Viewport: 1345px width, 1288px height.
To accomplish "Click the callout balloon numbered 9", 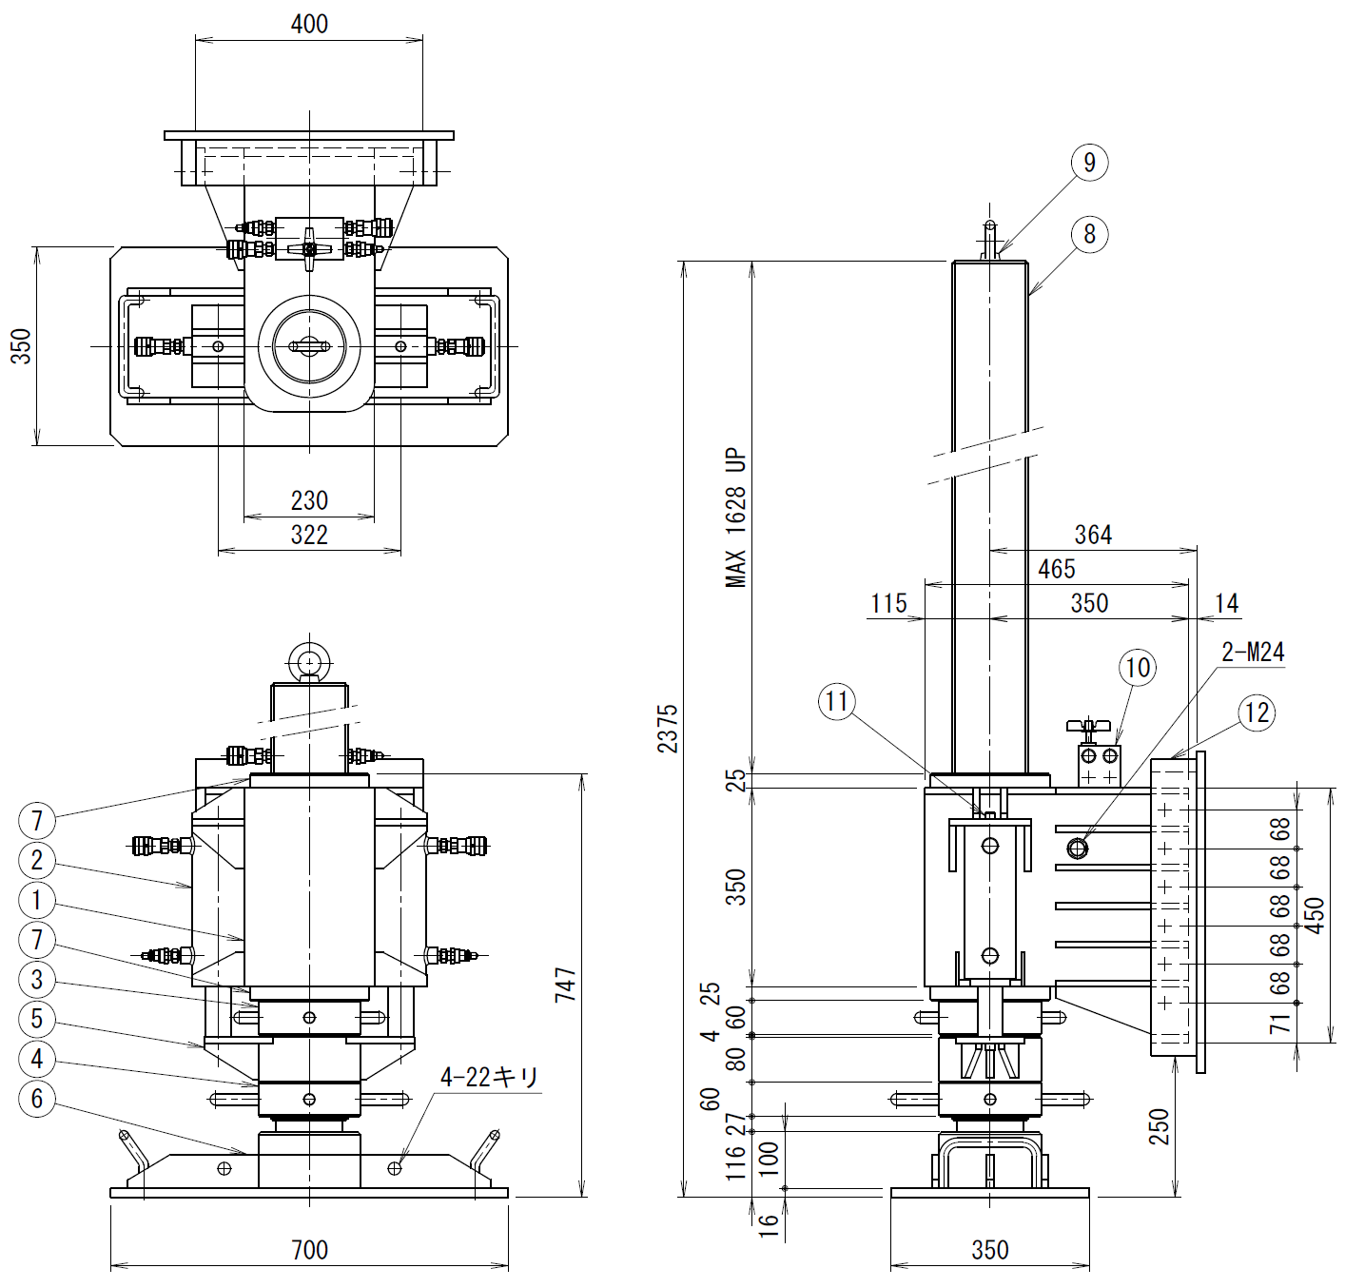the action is tap(1089, 163).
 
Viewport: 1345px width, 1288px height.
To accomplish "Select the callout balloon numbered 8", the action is tap(1089, 234).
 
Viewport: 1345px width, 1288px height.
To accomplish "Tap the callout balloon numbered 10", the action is tap(1138, 667).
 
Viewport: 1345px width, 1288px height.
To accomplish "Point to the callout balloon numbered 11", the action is tap(837, 702).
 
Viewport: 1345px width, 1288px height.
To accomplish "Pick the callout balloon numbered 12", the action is tap(1256, 712).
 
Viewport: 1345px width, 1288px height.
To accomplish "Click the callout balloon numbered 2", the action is tap(37, 860).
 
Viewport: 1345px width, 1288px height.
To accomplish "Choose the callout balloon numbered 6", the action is tap(37, 1099).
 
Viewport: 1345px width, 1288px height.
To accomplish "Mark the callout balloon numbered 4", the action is tap(37, 1059).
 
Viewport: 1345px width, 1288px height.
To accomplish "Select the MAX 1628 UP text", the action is tap(737, 517).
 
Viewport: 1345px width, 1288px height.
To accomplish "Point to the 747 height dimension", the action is tap(566, 985).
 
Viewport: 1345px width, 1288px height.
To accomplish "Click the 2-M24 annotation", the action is tap(1253, 652).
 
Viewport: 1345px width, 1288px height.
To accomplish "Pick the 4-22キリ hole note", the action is tap(489, 1077).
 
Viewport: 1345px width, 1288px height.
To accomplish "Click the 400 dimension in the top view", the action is tap(309, 24).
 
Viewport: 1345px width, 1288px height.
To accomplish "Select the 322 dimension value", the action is tap(309, 535).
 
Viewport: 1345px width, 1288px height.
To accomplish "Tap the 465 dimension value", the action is tap(1057, 569).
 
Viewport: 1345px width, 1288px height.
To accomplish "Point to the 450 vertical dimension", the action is tap(1316, 915).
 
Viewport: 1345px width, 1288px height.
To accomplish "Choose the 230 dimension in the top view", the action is tap(309, 500).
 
